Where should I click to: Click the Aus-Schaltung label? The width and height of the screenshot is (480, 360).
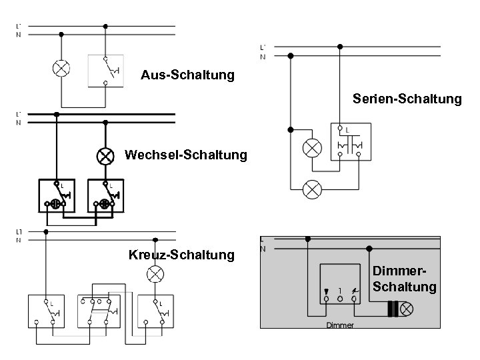[x=187, y=75]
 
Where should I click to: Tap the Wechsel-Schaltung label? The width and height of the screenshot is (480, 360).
[x=186, y=155]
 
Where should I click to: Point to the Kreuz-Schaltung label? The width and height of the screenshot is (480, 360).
[x=181, y=255]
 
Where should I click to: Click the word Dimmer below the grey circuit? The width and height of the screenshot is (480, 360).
[x=340, y=325]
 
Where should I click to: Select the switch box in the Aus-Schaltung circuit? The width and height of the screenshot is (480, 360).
[x=106, y=70]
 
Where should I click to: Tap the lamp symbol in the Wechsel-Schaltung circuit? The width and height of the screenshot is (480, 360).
[x=105, y=156]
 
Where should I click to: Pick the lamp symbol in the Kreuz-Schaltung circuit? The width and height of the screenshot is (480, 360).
[x=155, y=273]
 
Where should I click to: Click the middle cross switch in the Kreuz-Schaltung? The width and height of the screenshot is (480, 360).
[x=98, y=311]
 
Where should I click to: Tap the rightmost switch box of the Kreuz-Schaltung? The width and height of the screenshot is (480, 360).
[x=156, y=311]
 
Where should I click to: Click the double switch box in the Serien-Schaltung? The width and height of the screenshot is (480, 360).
[x=351, y=142]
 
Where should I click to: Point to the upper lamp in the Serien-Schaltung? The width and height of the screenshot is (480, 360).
[x=311, y=147]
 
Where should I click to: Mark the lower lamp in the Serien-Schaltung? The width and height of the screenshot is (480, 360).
[x=311, y=189]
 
